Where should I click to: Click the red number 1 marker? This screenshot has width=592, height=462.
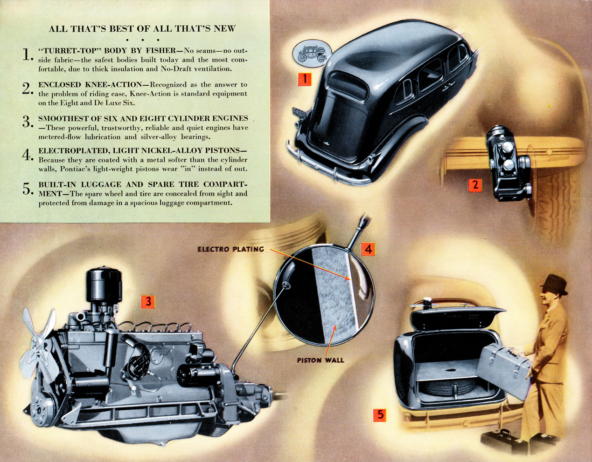click(x=304, y=79)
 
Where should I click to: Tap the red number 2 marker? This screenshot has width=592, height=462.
click(x=475, y=185)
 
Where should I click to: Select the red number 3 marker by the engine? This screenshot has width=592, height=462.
click(x=148, y=302)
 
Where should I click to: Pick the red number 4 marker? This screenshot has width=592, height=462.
click(x=368, y=249)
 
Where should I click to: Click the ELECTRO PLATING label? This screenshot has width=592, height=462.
click(x=230, y=249)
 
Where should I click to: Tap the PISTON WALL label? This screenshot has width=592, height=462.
click(x=320, y=360)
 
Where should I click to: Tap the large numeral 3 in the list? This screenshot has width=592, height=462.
click(x=27, y=122)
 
